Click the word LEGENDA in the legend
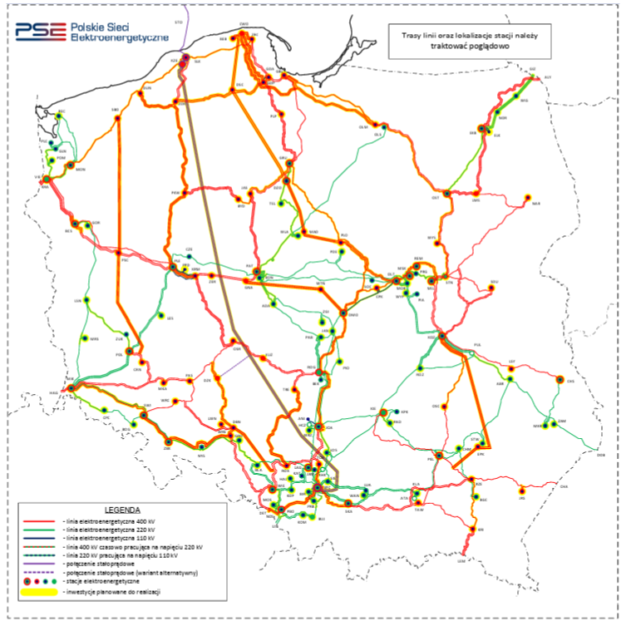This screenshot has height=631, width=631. point(122,509)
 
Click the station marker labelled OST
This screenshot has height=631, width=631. point(446,193)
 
